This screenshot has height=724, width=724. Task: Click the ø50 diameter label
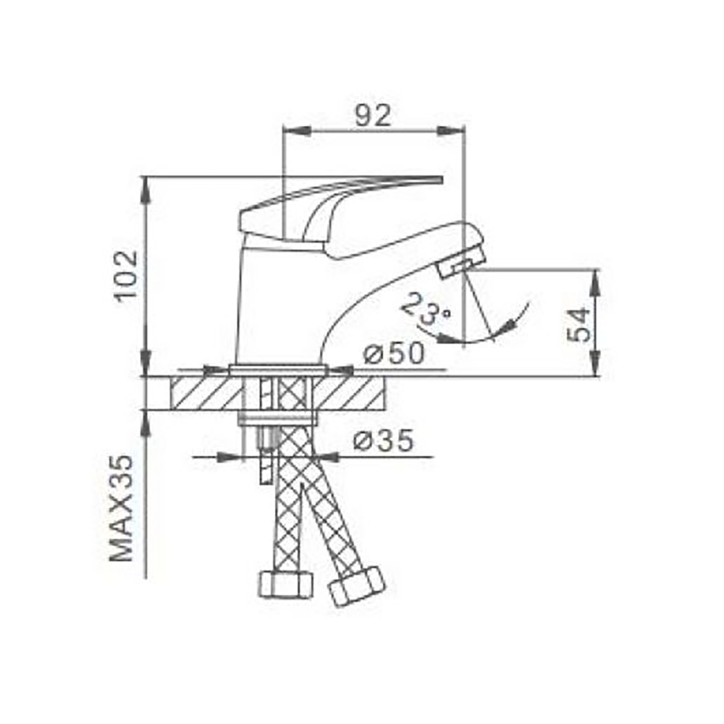point(394,354)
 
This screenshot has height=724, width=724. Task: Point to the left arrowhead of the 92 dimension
point(297,130)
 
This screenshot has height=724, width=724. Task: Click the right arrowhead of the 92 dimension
point(449,130)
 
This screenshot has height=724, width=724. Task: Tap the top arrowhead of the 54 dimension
point(595,282)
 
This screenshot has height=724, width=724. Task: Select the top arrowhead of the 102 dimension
point(146,190)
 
